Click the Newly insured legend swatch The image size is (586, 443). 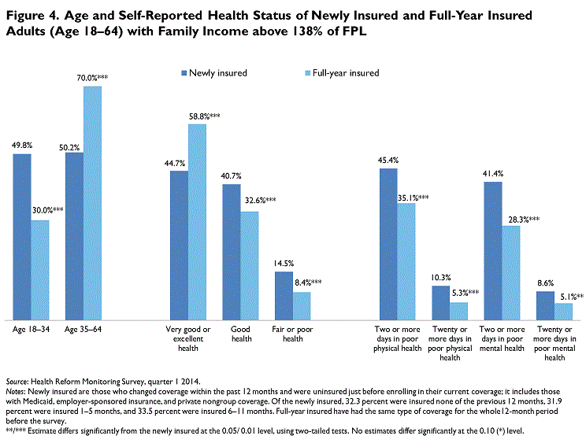pos(184,73)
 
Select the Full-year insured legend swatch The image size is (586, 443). pos(308,73)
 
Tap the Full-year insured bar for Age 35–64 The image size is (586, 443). pos(92,203)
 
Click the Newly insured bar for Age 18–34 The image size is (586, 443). pos(22,237)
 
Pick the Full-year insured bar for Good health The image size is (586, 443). pos(249,266)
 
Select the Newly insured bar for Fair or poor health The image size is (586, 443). pos(284,296)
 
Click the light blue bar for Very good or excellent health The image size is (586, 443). pos(197,222)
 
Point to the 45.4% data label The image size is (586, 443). pos(388,161)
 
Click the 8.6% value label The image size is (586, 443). pos(545,283)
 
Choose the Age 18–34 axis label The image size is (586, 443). pos(31,330)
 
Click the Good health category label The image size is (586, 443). pos(241,334)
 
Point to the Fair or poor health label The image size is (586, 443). pos(292,334)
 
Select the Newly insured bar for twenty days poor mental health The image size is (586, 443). pos(545,305)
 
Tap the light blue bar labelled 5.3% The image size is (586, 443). pos(458,312)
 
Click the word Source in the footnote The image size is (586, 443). pos(17,382)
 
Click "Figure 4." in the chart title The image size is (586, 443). pos(33,16)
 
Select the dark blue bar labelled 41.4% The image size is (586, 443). pos(493,251)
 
